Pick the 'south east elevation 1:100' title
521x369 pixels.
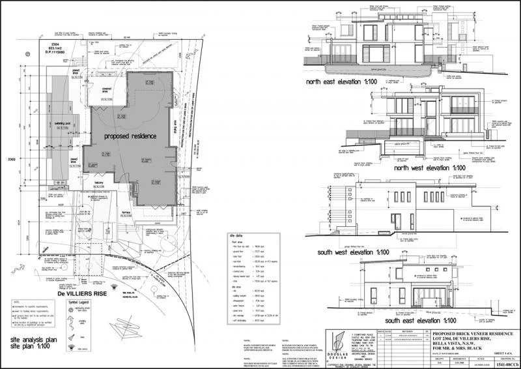click(424, 321)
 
